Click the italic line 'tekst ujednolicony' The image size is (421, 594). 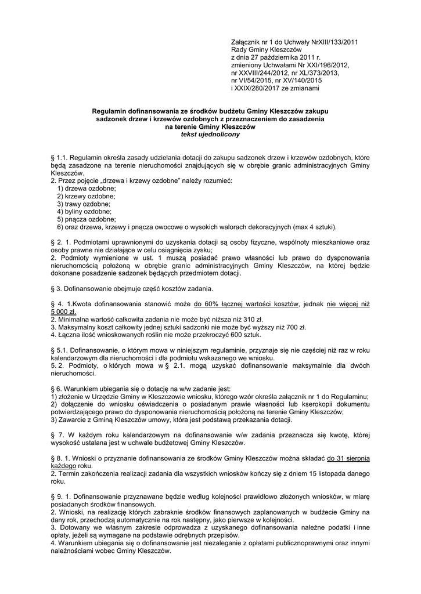(x=210, y=134)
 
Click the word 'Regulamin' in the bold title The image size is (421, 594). (x=110, y=111)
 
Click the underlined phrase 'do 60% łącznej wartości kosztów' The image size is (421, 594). (x=247, y=304)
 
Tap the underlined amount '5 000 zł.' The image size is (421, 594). (x=64, y=312)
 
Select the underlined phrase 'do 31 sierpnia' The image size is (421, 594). (x=348, y=458)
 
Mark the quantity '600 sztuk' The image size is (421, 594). (x=246, y=334)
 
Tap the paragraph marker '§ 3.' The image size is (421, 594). (x=57, y=289)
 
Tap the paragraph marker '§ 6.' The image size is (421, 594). (x=57, y=388)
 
